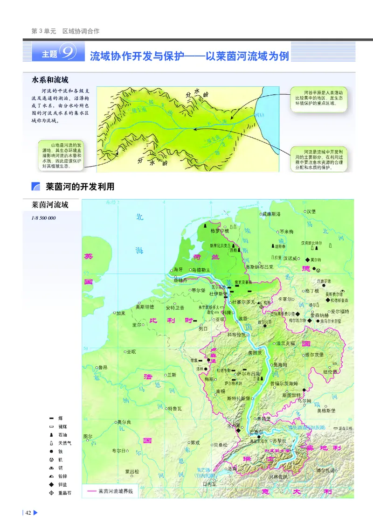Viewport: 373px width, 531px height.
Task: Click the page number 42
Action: pyautogui.click(x=28, y=513)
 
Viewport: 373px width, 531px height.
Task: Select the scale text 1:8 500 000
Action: pyautogui.click(x=43, y=217)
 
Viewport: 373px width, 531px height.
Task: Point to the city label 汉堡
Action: pyautogui.click(x=311, y=211)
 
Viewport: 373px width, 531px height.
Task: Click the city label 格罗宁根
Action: pyautogui.click(x=220, y=231)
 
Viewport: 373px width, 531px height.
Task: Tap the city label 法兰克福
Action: pyautogui.click(x=286, y=343)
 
